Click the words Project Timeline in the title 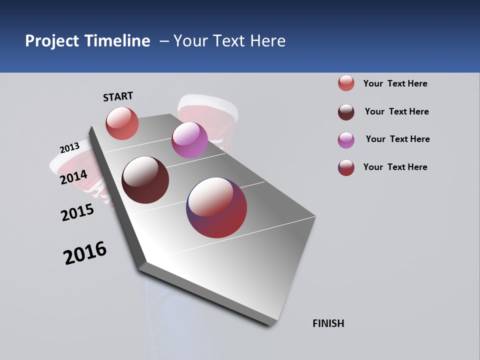click(x=87, y=41)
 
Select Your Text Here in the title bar click(x=229, y=41)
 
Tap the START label click(x=118, y=96)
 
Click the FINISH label click(x=328, y=323)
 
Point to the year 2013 click(x=69, y=148)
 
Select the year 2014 click(x=74, y=177)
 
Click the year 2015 click(x=77, y=212)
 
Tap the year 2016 click(x=85, y=253)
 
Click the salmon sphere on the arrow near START click(x=122, y=123)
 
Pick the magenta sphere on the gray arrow click(x=189, y=140)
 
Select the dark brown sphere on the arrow click(x=145, y=180)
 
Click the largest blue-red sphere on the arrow click(x=216, y=207)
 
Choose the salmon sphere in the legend click(x=346, y=83)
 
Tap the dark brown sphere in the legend click(x=346, y=112)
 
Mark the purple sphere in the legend click(x=346, y=140)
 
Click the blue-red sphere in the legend click(x=346, y=167)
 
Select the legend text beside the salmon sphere click(x=395, y=83)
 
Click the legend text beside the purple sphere click(x=397, y=139)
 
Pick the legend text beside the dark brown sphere click(x=396, y=111)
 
